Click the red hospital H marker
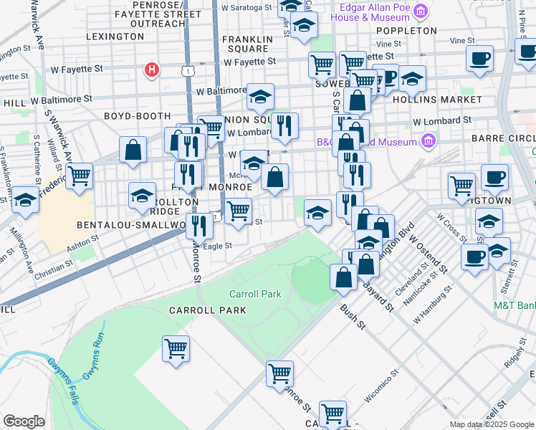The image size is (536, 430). [x=151, y=70]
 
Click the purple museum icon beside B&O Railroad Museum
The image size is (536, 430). [x=429, y=141]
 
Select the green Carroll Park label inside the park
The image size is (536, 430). [x=255, y=294]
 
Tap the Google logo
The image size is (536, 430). [x=24, y=421]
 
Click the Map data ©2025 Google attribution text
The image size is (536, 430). [x=492, y=424]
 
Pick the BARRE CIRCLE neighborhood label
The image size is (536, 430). [x=503, y=137]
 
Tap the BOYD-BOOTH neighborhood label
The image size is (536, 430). [x=137, y=115]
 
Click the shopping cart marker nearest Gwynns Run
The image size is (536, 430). [x=176, y=350]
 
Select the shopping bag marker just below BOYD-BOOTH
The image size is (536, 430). [x=133, y=150]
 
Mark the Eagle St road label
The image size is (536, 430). [x=218, y=246]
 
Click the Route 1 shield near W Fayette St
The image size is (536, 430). [x=188, y=70]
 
